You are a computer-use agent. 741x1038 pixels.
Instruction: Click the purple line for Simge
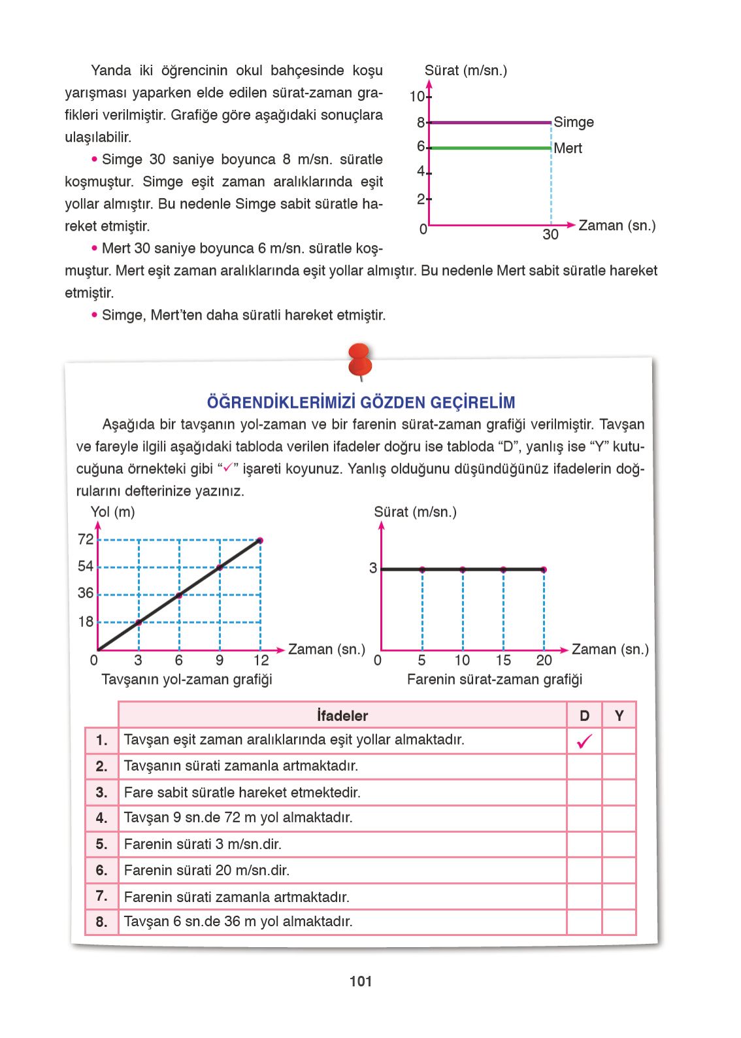click(490, 122)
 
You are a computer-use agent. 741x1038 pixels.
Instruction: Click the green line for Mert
click(490, 148)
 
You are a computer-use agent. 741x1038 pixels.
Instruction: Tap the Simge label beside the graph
click(574, 122)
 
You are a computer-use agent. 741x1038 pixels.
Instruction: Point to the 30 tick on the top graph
click(550, 235)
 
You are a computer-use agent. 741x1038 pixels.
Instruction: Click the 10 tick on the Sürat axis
click(417, 97)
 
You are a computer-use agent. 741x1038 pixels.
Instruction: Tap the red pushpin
click(360, 360)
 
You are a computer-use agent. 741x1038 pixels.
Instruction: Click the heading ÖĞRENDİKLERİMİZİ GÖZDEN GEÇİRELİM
click(361, 402)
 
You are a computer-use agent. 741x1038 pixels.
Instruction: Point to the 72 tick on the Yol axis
click(86, 539)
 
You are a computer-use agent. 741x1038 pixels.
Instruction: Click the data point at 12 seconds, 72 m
click(260, 540)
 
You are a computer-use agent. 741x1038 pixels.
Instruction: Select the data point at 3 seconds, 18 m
click(139, 622)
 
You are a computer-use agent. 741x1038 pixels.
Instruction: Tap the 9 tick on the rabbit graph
click(220, 660)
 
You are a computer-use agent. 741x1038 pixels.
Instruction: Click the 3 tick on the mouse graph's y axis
click(373, 568)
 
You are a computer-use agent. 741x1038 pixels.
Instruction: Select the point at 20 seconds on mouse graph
click(544, 569)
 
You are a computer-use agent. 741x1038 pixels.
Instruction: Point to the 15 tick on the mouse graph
click(503, 660)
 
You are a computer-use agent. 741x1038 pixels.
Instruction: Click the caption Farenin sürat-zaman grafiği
click(494, 680)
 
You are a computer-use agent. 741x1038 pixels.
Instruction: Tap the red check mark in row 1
click(584, 741)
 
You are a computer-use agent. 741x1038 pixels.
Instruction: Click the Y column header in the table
click(619, 716)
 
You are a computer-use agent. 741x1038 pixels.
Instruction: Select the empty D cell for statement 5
click(584, 845)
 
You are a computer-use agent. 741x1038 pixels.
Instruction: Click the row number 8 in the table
click(101, 922)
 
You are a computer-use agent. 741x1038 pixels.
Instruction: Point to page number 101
click(361, 981)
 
